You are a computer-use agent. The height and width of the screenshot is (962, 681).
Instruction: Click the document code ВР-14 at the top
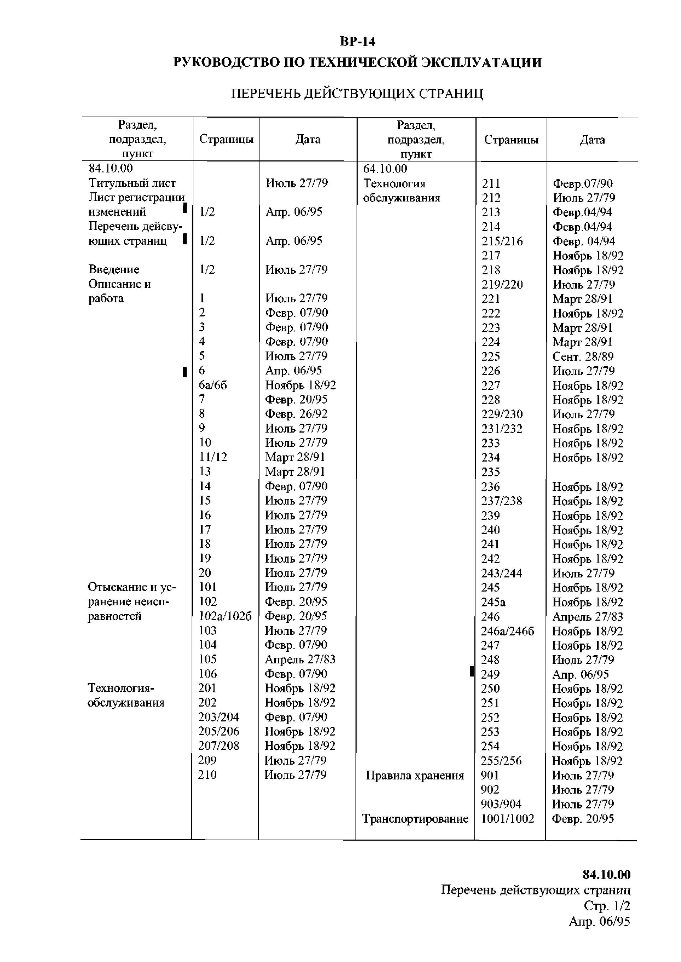[357, 42]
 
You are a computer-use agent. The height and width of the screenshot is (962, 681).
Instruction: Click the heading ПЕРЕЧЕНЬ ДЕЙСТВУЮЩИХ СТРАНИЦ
[357, 93]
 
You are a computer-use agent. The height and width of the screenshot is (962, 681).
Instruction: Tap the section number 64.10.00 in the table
[385, 169]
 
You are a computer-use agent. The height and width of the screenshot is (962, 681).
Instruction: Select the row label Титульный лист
[132, 183]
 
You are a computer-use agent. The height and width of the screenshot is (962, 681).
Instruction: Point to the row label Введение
[114, 270]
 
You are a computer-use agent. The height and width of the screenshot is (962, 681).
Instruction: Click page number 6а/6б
[213, 385]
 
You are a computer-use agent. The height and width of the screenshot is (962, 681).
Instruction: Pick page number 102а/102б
[225, 616]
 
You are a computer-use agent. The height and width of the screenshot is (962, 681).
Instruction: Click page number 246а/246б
[508, 631]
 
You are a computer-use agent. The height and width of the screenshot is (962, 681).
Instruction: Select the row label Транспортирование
[415, 818]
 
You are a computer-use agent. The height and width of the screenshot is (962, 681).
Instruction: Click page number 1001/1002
[508, 818]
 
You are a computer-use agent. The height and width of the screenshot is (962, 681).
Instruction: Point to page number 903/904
[501, 804]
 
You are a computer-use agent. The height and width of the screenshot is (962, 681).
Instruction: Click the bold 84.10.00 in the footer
[606, 875]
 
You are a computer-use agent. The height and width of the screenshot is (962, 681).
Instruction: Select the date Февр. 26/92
[296, 414]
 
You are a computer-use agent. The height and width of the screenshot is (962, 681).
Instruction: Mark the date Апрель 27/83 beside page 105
[300, 659]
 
